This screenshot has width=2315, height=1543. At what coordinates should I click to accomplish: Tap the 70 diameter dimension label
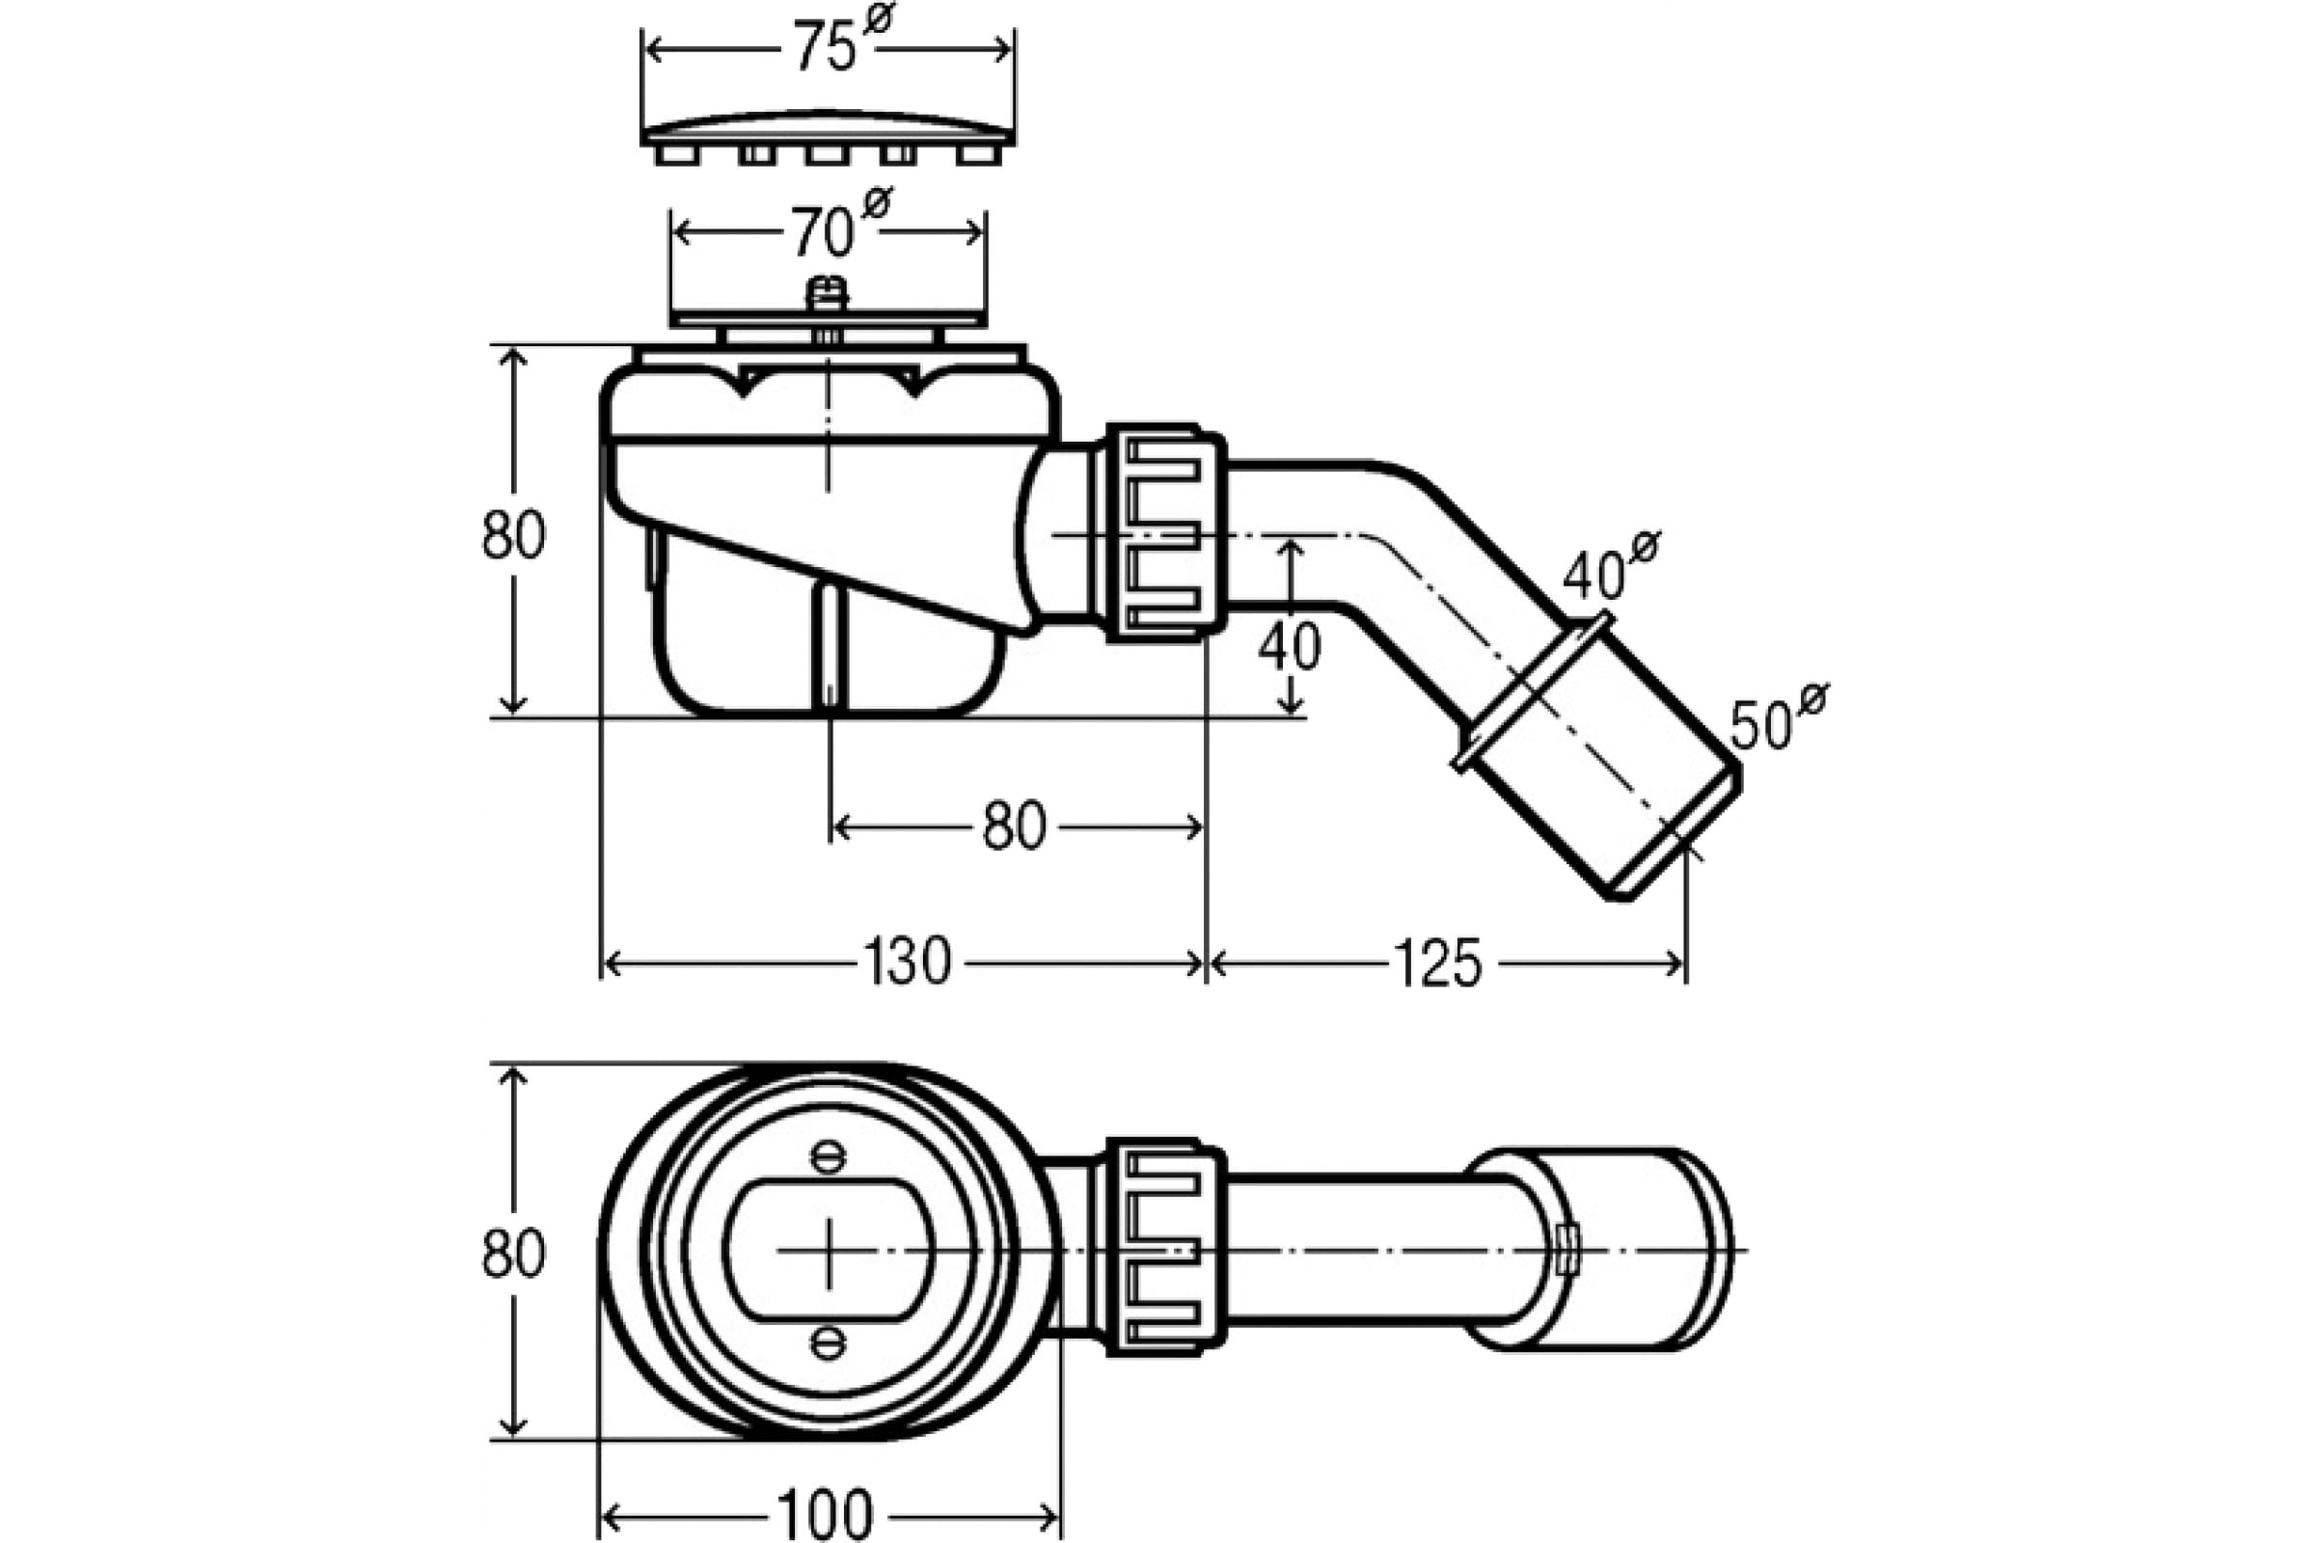point(838,225)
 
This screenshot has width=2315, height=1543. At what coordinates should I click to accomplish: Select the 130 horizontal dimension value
point(907,962)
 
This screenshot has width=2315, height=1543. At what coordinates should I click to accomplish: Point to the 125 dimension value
point(1437,962)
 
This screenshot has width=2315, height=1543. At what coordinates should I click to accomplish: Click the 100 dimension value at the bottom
point(825,1513)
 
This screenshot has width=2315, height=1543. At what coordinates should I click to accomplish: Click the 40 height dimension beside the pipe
point(1291,647)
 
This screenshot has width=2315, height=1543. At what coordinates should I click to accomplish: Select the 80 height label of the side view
point(513,535)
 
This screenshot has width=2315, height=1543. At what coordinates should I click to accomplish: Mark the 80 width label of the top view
point(513,1254)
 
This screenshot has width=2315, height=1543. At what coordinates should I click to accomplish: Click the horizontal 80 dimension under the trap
point(1014,826)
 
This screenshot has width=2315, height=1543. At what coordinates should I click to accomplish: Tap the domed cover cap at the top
point(828,138)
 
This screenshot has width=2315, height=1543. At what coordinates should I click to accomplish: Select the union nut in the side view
point(1166,533)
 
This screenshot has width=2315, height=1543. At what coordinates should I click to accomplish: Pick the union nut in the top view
point(1166,1248)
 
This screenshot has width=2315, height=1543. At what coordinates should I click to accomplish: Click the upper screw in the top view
point(828,1155)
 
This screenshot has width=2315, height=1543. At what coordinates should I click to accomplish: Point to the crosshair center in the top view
point(829,1250)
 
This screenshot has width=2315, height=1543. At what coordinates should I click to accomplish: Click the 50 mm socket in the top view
point(1599,1248)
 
